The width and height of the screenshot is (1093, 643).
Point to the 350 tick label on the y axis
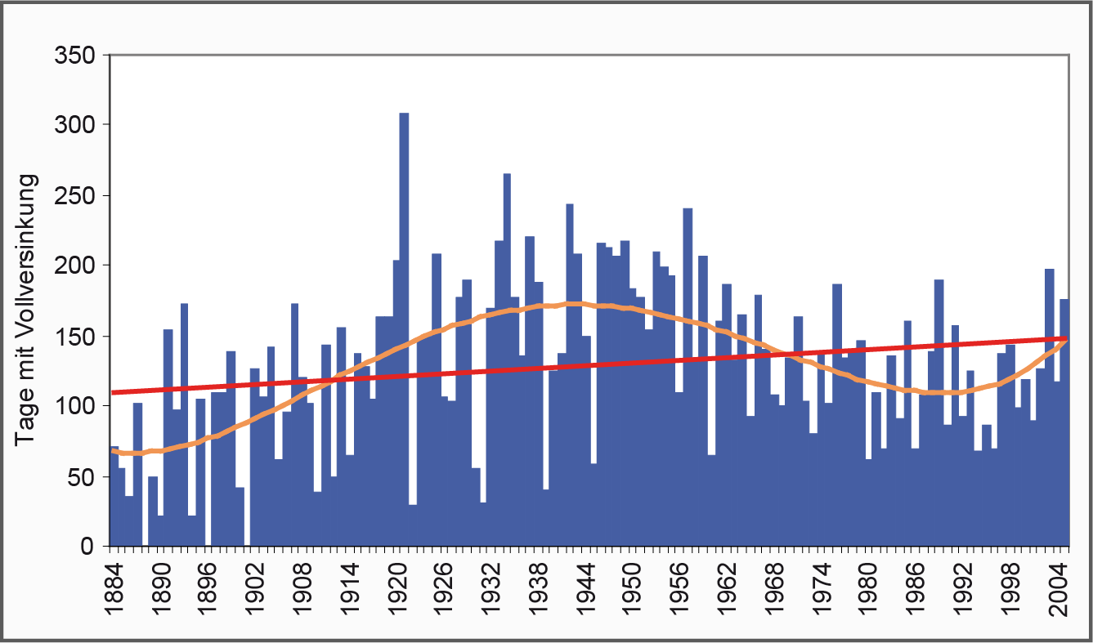click(x=75, y=56)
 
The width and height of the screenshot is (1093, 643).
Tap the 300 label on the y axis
click(x=75, y=126)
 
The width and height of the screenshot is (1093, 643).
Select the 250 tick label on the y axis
click(x=75, y=196)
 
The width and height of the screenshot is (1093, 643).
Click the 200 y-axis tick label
click(x=75, y=266)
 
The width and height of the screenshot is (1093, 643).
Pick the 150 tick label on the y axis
click(x=75, y=336)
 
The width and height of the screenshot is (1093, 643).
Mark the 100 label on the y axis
click(x=75, y=406)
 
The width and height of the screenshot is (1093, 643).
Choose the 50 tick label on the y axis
click(x=82, y=476)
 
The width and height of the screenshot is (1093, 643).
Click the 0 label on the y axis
click(x=88, y=547)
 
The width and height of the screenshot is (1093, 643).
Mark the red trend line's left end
click(x=114, y=392)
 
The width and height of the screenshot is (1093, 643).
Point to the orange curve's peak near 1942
click(x=572, y=303)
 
